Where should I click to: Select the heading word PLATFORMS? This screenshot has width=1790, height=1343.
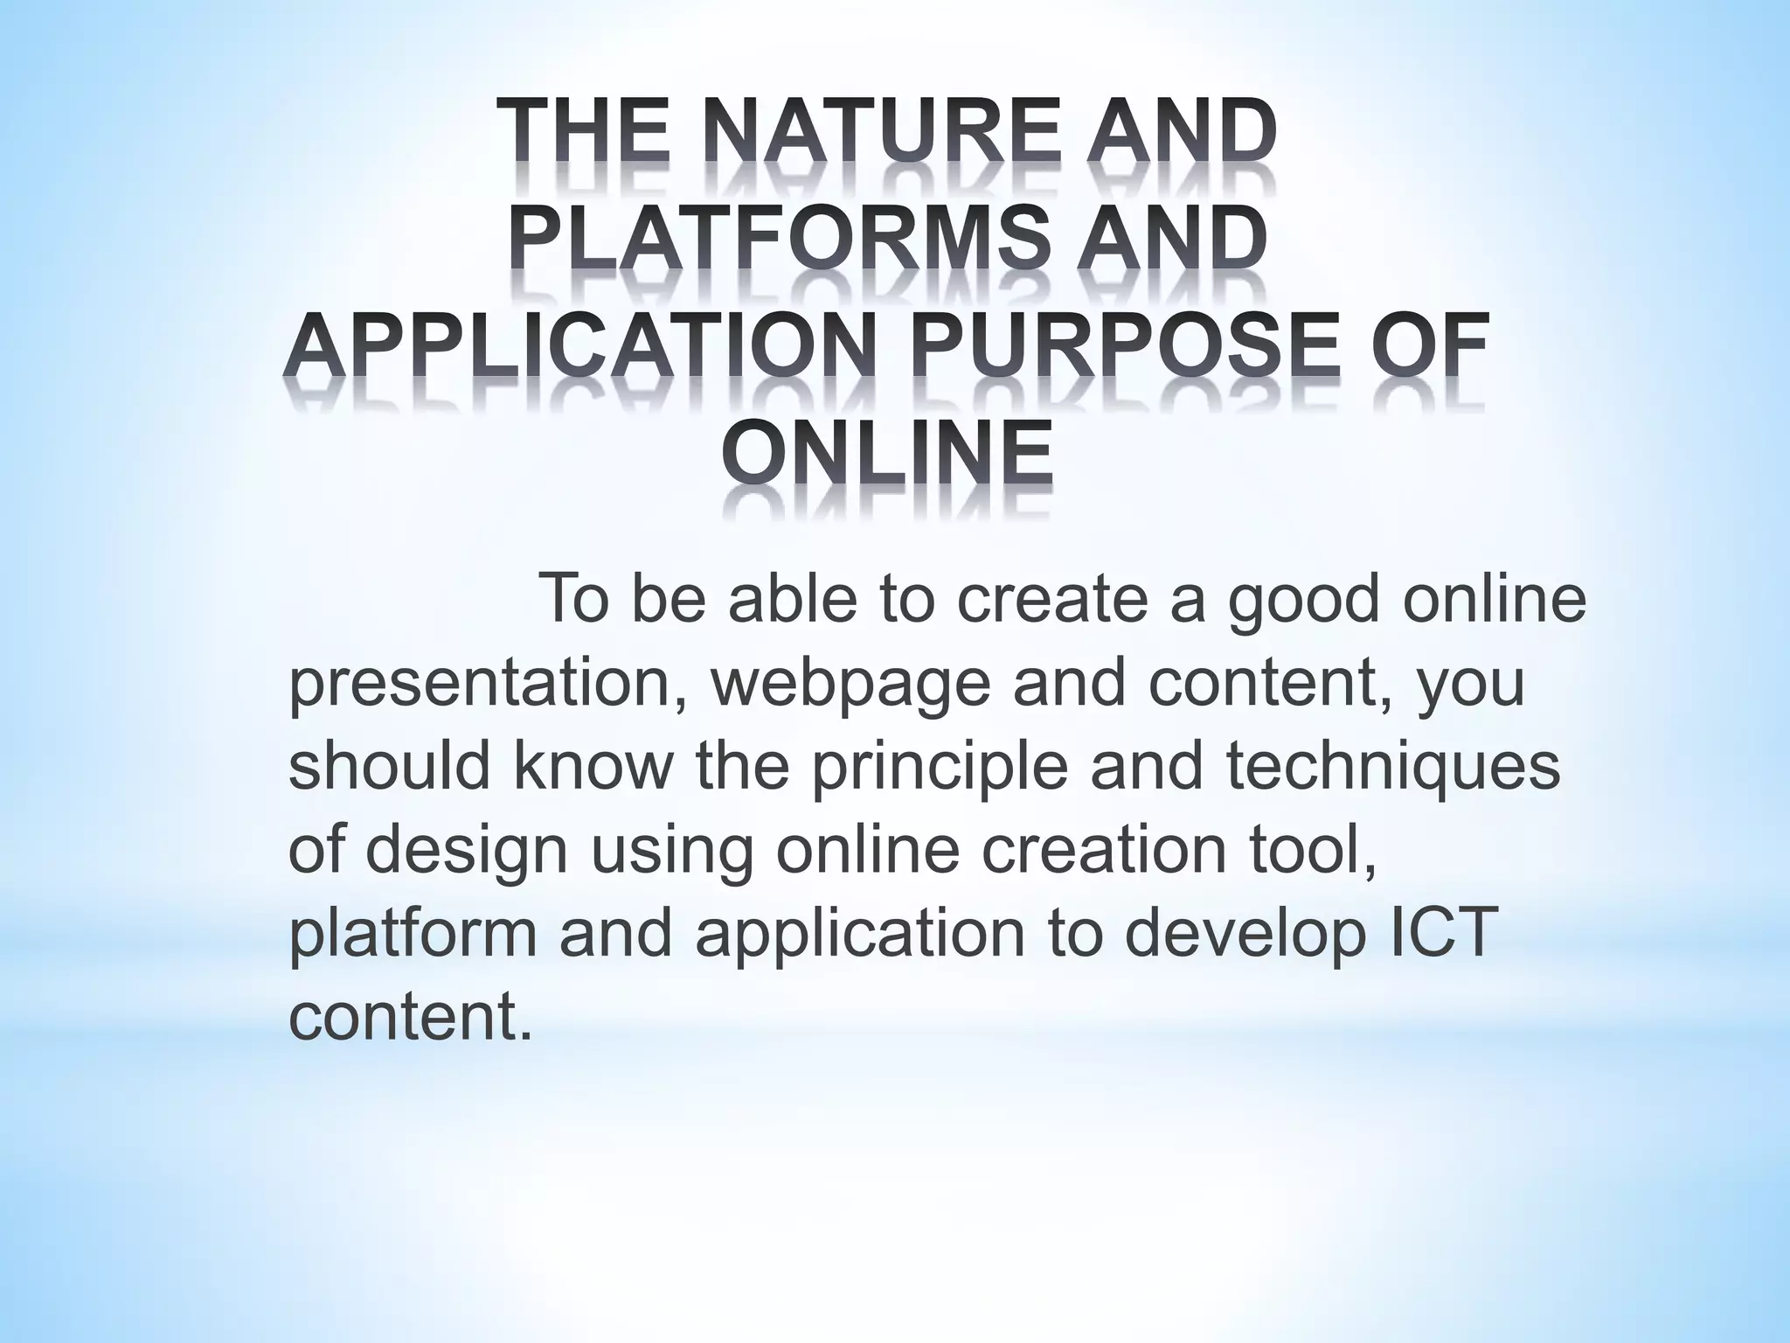tap(778, 241)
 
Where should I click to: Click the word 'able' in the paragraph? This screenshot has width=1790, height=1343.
tap(790, 600)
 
